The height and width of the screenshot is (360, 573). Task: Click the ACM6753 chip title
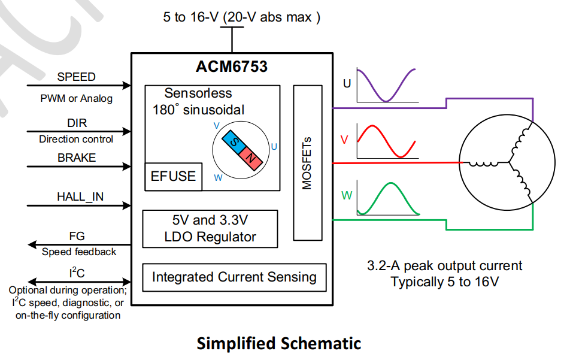(231, 66)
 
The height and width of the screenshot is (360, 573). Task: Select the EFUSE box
(173, 176)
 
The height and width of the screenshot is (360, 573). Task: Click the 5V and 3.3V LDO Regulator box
(210, 228)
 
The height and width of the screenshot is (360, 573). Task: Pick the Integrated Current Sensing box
(234, 277)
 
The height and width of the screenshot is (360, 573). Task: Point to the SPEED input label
(76, 77)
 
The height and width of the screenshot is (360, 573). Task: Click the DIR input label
(77, 123)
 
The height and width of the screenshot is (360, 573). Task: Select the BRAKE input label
(77, 158)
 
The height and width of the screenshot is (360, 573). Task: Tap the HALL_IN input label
(80, 196)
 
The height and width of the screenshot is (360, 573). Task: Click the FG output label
(77, 237)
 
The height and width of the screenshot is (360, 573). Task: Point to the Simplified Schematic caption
(278, 344)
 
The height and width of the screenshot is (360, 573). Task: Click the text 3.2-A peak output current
(445, 266)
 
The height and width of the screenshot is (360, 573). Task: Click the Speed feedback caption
(79, 252)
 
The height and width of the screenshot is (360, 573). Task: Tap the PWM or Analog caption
(76, 98)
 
